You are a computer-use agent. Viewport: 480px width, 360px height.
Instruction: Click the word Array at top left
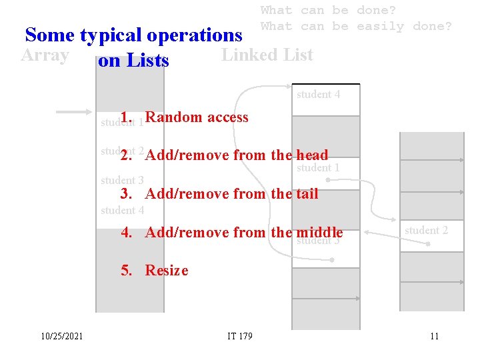[45, 55]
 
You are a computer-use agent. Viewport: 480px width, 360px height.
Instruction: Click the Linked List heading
[267, 55]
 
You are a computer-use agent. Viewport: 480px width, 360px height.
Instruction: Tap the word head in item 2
[313, 155]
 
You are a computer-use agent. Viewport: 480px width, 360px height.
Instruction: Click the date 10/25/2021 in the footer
[61, 336]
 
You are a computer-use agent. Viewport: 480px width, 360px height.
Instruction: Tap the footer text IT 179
[240, 336]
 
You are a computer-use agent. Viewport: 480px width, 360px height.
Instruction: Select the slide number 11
[434, 336]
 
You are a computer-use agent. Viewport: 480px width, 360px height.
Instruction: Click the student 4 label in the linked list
[318, 95]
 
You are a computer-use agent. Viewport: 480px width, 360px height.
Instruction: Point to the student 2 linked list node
[426, 231]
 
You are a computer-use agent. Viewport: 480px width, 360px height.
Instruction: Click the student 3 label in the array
[122, 180]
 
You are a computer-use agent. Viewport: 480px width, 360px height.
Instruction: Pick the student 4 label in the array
[122, 211]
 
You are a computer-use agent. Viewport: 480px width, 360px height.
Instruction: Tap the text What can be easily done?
[356, 27]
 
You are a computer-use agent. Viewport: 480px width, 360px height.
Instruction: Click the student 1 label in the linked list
[318, 168]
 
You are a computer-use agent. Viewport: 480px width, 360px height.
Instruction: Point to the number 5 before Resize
[125, 270]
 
